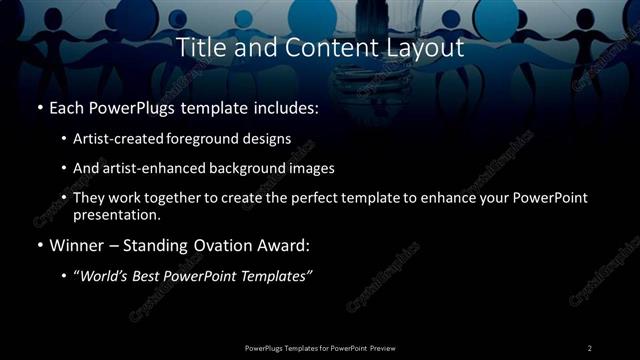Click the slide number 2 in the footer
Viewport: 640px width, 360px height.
590,347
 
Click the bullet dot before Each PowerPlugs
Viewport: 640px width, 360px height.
39,108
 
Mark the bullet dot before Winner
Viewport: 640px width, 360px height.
39,245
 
